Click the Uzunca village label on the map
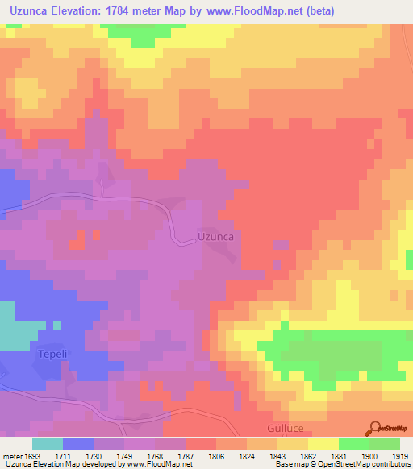tap(215, 237)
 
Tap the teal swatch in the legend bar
tap(48, 443)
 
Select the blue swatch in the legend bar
tap(78, 443)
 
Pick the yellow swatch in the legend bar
tap(323, 443)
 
